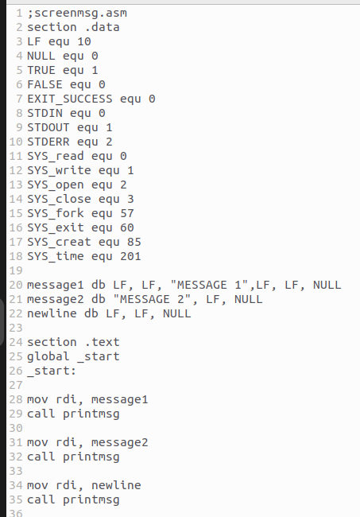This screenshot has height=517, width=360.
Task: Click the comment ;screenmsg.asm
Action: [x=77, y=14]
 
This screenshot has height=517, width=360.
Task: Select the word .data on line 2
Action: [x=102, y=27]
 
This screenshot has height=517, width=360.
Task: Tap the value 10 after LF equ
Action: [x=84, y=42]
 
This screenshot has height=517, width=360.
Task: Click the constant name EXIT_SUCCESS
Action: [x=70, y=99]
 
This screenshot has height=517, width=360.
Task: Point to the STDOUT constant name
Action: [x=48, y=127]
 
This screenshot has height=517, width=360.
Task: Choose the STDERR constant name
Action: [x=48, y=142]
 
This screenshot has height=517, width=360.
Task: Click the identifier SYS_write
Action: [x=60, y=171]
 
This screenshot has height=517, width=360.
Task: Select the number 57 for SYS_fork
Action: [x=127, y=214]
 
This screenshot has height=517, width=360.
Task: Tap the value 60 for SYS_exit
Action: [x=127, y=227]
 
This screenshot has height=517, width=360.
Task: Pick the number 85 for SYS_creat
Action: [x=134, y=243]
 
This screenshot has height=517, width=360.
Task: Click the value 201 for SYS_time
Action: [x=130, y=257]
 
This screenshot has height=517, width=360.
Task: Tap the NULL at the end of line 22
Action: [x=177, y=313]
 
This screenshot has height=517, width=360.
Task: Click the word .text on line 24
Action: [x=102, y=342]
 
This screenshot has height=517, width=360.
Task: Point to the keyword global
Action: [x=48, y=356]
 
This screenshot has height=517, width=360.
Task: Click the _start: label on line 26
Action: [x=52, y=371]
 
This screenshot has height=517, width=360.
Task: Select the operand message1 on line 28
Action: [x=120, y=400]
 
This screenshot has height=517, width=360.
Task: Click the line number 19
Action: [x=16, y=271]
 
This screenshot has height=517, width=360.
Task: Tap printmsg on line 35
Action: [x=91, y=500]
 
